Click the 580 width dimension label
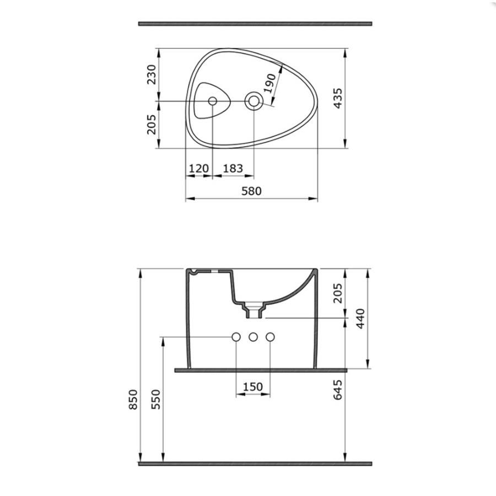tap(251, 191)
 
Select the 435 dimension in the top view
tap(338, 99)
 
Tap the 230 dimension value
tap(152, 74)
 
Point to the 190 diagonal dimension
tap(269, 83)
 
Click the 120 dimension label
tap(199, 168)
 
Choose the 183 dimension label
tap(233, 168)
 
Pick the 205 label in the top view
tap(152, 125)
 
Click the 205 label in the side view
tap(338, 293)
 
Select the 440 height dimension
tap(360, 319)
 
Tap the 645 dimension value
tap(338, 390)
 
